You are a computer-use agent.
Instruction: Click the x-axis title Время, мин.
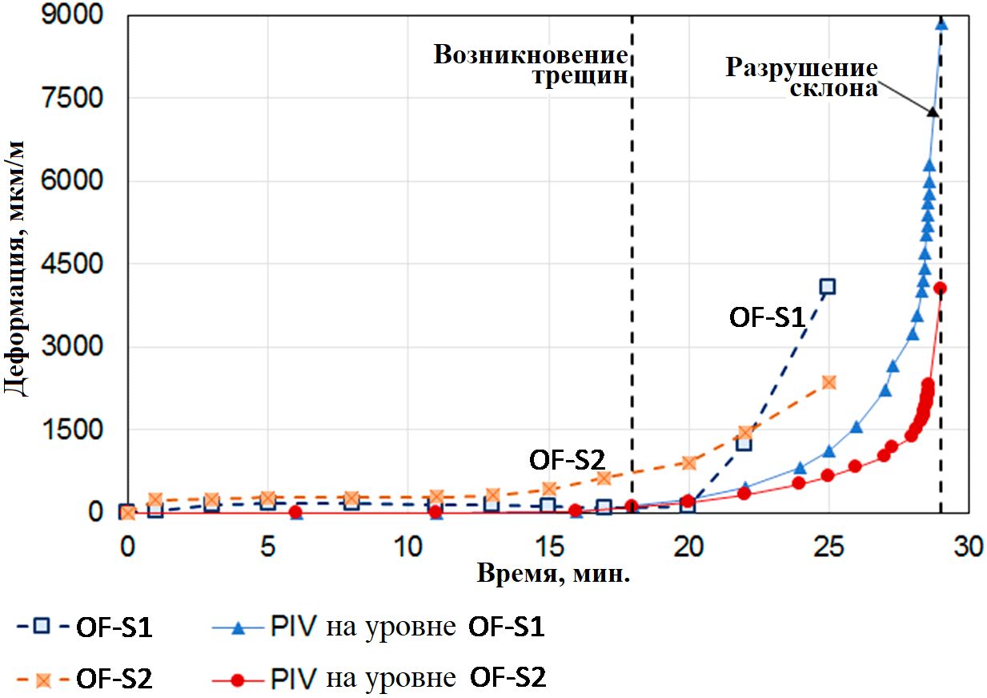[553, 574]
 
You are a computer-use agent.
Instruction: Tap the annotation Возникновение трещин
[530, 67]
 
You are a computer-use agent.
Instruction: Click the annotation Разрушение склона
[801, 78]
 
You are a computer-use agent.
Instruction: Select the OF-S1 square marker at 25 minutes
[828, 287]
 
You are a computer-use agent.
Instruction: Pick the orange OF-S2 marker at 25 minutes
[829, 382]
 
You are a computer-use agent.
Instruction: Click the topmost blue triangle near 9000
[941, 23]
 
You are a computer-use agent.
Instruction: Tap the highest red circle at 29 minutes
[941, 288]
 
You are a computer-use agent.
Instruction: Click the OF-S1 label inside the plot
[766, 317]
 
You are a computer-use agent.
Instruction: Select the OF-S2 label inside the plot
[567, 460]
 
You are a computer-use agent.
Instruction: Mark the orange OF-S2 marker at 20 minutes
[689, 462]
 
